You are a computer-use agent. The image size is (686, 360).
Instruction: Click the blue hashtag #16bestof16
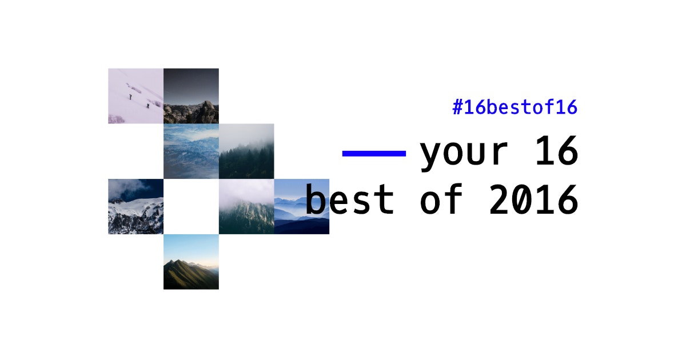pos(515,107)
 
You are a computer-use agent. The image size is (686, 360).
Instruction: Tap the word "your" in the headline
pos(463,153)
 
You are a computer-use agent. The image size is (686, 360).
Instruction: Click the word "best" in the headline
pos(349,200)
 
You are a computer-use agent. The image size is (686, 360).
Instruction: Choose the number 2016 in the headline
pos(533,200)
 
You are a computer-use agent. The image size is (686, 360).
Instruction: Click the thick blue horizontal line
pos(374,153)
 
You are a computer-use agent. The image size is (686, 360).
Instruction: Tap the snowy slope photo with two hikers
pos(135,96)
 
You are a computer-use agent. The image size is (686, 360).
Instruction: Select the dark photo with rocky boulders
pos(191,96)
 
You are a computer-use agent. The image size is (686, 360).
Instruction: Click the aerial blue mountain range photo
pos(191,151)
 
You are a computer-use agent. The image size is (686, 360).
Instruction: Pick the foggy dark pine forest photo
pos(246,151)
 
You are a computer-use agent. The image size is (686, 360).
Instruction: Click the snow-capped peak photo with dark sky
pos(135,206)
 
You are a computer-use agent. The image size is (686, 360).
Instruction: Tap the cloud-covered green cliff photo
pos(246,206)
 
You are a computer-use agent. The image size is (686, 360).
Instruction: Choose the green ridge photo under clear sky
pos(191,262)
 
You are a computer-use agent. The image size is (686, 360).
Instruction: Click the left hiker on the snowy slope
pos(130,97)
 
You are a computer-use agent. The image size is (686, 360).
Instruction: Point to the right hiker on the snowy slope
pos(147,105)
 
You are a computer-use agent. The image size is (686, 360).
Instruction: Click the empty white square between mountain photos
pos(191,206)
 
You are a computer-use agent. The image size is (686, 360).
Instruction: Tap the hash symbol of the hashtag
pos(457,107)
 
